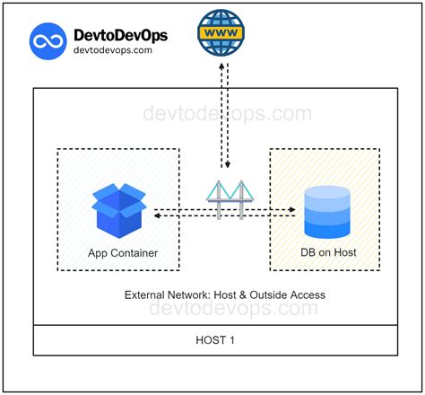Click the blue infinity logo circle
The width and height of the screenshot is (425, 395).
(48, 41)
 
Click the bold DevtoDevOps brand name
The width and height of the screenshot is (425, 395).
(123, 34)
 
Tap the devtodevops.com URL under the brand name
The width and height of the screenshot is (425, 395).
(113, 51)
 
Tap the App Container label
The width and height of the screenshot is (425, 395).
(123, 253)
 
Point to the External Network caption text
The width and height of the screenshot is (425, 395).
(224, 294)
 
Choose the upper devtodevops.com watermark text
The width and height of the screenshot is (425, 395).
(228, 114)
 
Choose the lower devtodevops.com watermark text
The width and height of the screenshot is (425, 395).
(232, 309)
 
